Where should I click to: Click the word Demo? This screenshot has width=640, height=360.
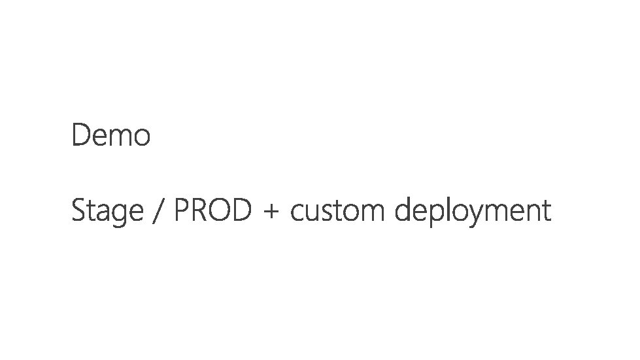point(111,136)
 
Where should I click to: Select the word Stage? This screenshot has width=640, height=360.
point(107,211)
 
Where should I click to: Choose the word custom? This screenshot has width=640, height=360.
point(340,211)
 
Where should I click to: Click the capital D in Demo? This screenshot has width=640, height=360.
point(80,136)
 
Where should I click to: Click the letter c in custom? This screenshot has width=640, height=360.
point(299,213)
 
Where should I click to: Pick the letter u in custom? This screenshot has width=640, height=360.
point(314,213)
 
